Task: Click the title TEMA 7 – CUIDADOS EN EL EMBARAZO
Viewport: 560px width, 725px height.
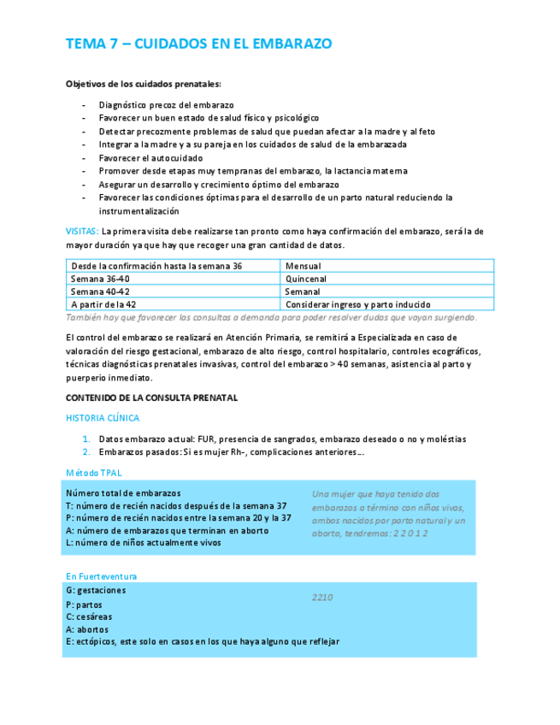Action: tap(198, 44)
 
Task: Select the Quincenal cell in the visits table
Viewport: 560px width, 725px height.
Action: tap(306, 279)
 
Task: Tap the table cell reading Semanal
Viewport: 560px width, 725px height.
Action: tap(303, 292)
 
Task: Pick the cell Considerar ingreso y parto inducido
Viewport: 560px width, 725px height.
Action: tap(357, 304)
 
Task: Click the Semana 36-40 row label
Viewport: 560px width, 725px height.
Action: tap(100, 279)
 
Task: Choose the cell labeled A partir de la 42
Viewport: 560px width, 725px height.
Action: tap(103, 304)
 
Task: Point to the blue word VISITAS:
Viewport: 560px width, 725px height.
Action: tap(82, 232)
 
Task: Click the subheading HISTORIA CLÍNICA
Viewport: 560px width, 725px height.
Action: tap(103, 418)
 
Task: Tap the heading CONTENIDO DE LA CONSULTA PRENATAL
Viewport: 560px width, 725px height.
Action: tap(151, 398)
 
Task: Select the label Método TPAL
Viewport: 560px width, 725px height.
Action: tap(93, 472)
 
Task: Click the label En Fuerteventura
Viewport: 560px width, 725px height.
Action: tap(101, 576)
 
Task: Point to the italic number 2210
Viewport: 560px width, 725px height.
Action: tap(322, 598)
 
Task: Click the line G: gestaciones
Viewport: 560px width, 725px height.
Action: tap(96, 591)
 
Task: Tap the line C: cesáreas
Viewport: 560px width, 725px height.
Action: tap(89, 616)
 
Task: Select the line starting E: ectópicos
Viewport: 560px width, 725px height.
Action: tap(202, 641)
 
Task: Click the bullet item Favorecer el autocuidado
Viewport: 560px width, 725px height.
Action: tap(150, 158)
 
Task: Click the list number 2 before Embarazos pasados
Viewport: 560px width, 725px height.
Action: tap(86, 451)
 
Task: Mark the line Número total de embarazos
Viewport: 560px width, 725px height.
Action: tap(123, 493)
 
